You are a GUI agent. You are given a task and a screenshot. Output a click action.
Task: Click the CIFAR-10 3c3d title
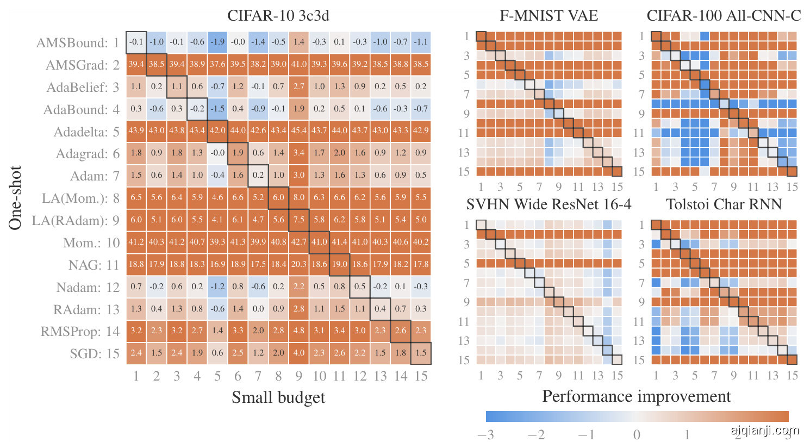tap(278, 15)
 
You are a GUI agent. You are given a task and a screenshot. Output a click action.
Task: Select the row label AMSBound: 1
tap(77, 43)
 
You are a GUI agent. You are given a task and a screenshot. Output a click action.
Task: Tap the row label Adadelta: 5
tap(86, 132)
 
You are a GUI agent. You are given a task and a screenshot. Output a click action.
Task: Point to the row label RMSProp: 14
tap(79, 332)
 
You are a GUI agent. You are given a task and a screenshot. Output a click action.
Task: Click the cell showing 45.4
tap(299, 131)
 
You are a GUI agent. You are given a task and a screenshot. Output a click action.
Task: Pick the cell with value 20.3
tap(299, 264)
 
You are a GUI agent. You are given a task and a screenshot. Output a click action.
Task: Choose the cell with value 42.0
tap(217, 131)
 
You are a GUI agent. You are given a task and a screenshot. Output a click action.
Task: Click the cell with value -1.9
tap(217, 42)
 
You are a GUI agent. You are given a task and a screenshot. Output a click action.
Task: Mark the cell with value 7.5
tap(299, 220)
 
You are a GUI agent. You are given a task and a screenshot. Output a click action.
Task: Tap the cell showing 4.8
tap(299, 331)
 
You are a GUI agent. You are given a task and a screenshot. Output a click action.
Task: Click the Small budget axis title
tap(278, 397)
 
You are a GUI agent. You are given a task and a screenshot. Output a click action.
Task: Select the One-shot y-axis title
tap(15, 197)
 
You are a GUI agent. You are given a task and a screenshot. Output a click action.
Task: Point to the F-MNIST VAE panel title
tap(549, 15)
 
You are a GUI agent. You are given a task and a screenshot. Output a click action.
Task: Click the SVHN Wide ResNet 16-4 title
tap(549, 204)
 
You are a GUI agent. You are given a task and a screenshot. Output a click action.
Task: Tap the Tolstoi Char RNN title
tap(724, 204)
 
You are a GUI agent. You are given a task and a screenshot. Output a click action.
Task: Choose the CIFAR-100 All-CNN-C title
tap(724, 15)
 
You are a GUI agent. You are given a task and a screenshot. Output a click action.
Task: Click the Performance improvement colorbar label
tap(636, 396)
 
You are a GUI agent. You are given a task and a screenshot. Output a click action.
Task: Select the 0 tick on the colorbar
tap(637, 435)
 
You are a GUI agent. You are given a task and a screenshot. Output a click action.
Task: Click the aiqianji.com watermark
tap(764, 431)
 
